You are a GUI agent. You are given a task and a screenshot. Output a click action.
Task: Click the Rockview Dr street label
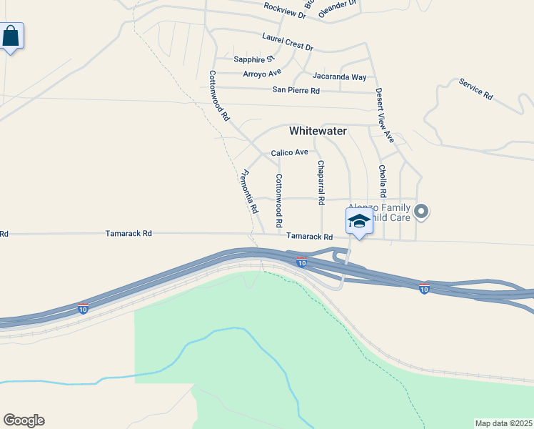pos(284,10)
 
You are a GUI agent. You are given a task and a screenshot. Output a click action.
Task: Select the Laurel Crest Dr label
pos(288,42)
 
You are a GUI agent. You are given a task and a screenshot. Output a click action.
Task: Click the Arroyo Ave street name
pos(262,73)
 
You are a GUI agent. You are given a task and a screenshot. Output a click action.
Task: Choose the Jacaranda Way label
pos(339,77)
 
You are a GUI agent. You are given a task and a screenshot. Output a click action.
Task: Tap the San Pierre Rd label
pos(296,90)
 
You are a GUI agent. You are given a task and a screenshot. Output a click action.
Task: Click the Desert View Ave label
pos(385,115)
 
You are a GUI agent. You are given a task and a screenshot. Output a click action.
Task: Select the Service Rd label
pos(476,89)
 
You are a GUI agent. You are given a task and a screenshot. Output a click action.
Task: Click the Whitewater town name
pos(318,131)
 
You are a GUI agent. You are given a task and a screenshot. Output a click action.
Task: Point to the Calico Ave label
pos(289,152)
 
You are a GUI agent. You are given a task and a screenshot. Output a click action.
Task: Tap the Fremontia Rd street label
pos(249,191)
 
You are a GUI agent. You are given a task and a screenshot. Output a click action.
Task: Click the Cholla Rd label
pos(383,182)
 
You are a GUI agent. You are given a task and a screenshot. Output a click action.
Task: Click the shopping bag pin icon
pos(11,36)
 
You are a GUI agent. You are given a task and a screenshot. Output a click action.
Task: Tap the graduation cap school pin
pos(359,221)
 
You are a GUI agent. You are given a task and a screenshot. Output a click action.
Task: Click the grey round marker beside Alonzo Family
pos(421,210)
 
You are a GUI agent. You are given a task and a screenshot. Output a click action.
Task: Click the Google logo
pos(24,420)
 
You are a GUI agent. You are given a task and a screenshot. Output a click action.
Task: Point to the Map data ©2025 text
pos(503,423)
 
